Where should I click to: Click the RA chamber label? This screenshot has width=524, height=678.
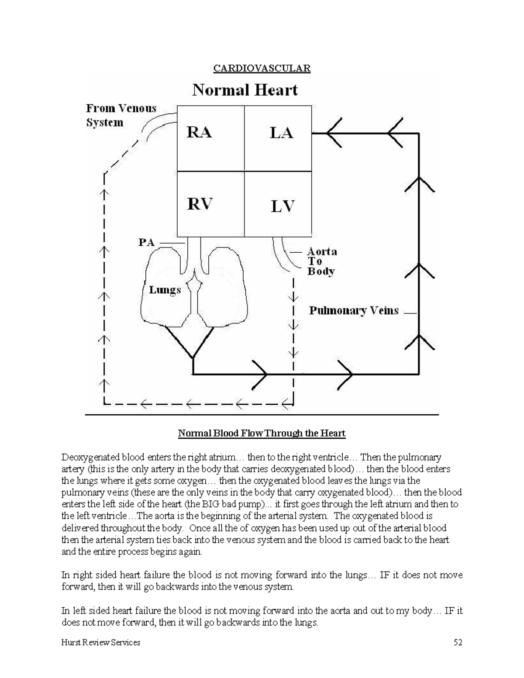coord(199,132)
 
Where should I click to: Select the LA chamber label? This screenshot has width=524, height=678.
coord(281,133)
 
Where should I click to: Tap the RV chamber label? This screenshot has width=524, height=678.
coord(200,204)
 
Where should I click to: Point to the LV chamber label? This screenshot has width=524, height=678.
coord(283,206)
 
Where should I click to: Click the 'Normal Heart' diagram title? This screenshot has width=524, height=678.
coord(245,90)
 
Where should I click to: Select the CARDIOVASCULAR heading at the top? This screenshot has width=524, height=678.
coord(262,69)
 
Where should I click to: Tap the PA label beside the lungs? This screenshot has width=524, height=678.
coord(147,242)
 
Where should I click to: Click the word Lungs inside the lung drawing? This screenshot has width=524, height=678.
coord(165,290)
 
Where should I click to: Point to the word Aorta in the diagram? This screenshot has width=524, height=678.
coord(322,251)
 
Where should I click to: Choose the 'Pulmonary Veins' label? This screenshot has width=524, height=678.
coord(354,311)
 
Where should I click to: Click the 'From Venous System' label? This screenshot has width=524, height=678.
coord(121,115)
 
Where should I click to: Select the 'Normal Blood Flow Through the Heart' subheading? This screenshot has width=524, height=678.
coord(262,434)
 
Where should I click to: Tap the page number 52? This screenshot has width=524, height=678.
coord(458,642)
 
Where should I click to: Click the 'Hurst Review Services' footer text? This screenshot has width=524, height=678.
coord(101,642)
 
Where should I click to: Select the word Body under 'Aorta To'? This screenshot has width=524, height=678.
coord(321,271)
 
